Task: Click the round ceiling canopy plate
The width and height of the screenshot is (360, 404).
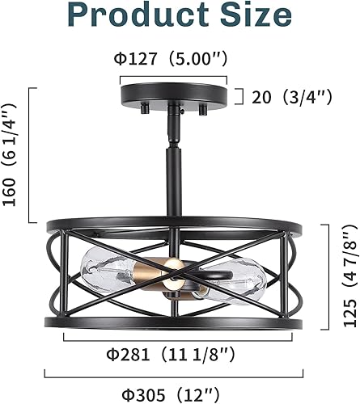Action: (174, 95)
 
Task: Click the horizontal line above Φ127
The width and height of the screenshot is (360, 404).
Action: (173, 78)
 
